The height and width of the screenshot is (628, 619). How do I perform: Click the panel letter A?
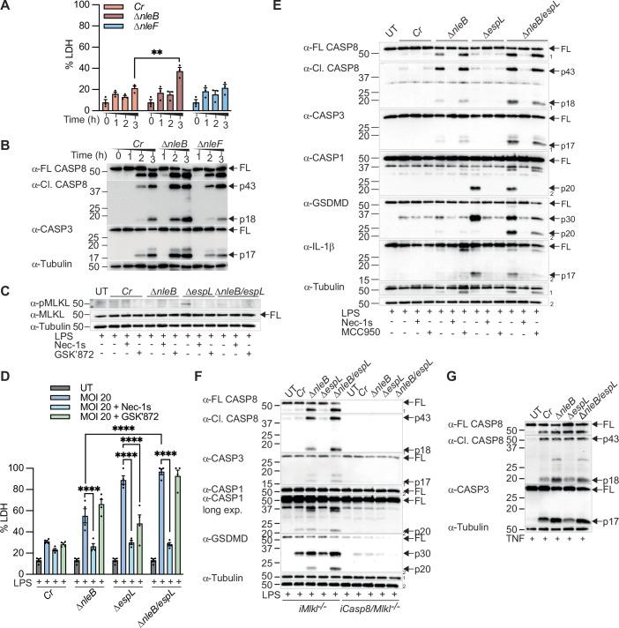tap(8, 8)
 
